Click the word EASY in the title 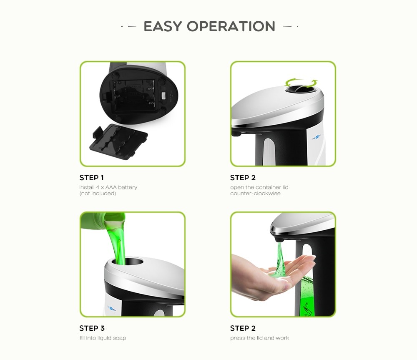163,26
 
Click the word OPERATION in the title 231,26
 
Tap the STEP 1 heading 92,178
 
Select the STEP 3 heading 92,328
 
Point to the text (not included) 98,194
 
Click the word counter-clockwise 255,194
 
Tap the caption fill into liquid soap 103,338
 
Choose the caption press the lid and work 259,338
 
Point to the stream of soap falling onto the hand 280,259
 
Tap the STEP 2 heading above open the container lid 242,178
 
